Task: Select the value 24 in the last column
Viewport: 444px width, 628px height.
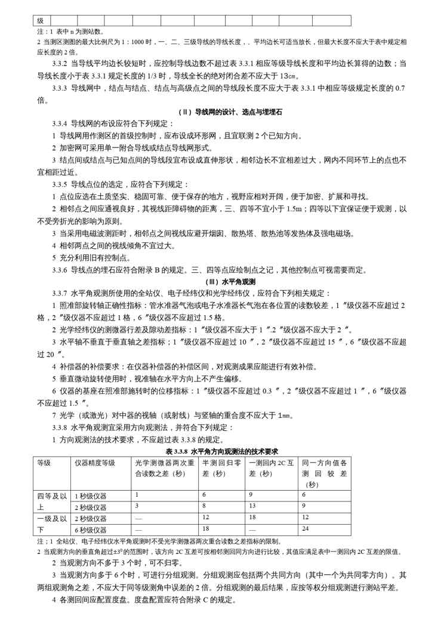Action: tap(306, 529)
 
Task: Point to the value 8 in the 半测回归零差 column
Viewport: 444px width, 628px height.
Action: tap(204, 506)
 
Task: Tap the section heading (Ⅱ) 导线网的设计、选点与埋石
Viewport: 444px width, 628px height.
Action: tap(221, 112)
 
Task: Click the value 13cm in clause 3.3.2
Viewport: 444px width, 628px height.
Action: tap(288, 76)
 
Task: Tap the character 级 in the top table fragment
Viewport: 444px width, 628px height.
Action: tap(40, 21)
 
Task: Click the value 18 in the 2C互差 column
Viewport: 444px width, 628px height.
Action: tap(252, 518)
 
